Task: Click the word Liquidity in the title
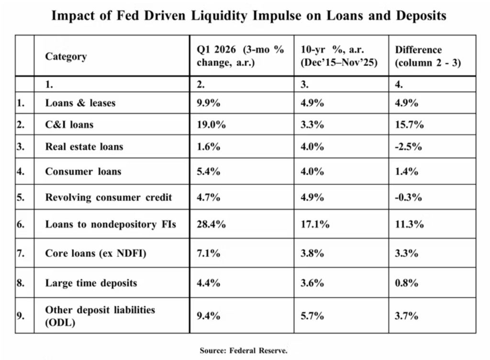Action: pos(219,16)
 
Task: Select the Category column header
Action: pos(66,56)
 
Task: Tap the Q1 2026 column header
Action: pos(240,56)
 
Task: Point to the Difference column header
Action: pos(428,56)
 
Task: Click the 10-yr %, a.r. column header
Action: pos(339,56)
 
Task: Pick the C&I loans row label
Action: pos(69,125)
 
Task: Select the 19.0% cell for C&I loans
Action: pos(211,125)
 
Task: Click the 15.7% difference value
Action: pos(410,125)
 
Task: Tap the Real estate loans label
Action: pos(84,146)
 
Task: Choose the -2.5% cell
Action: pos(409,146)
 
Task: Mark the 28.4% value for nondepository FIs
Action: pos(211,224)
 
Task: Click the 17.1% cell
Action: pos(315,224)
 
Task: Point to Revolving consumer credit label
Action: pos(109,197)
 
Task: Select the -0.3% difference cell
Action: pos(409,197)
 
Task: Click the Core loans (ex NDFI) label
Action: pos(96,253)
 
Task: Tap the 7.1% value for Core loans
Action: pos(209,253)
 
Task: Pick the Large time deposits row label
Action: pos(91,283)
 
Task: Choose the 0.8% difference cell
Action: pos(407,283)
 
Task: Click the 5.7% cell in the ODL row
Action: pos(312,316)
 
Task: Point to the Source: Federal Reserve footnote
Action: pos(244,350)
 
